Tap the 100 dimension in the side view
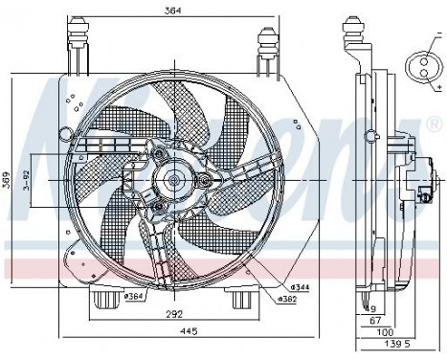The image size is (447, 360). pos(373,331)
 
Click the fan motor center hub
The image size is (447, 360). pos(173,179)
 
